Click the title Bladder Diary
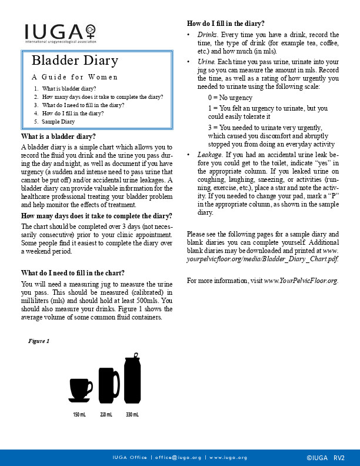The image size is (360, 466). point(75,61)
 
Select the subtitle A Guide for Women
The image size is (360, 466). point(75,77)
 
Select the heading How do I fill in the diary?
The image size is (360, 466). point(225,24)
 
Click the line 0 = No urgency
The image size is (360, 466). point(230,98)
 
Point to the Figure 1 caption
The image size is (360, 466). point(39,341)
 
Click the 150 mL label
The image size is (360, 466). point(79,415)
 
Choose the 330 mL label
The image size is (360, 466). point(132,415)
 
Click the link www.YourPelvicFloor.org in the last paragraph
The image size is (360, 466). point(301,281)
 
